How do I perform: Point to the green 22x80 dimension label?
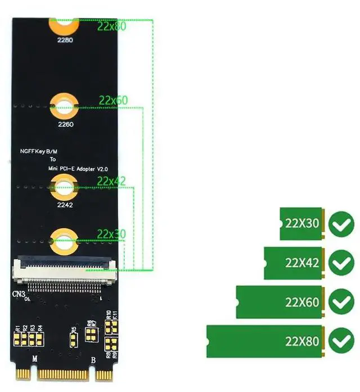111,26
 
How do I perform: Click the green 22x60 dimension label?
113,100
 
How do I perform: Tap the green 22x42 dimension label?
111,181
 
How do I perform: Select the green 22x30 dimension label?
111,233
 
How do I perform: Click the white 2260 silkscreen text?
65,124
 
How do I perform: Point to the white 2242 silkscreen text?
65,205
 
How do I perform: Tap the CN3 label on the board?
20,294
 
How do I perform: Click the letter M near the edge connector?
35,359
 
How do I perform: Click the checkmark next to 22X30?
340,223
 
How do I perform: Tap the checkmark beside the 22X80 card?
340,341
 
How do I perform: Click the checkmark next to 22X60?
340,302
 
